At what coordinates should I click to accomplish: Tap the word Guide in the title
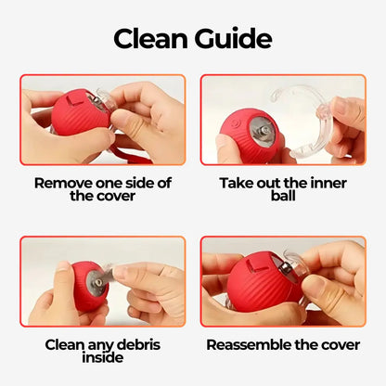point(231,39)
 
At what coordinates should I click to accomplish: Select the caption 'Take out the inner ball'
point(282,189)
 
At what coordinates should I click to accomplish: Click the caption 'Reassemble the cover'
point(282,344)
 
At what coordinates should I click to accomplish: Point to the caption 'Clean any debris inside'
point(102,351)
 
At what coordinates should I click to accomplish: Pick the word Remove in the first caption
point(65,183)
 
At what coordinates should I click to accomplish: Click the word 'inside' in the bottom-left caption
point(102,358)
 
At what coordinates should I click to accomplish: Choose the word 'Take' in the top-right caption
point(236,183)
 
